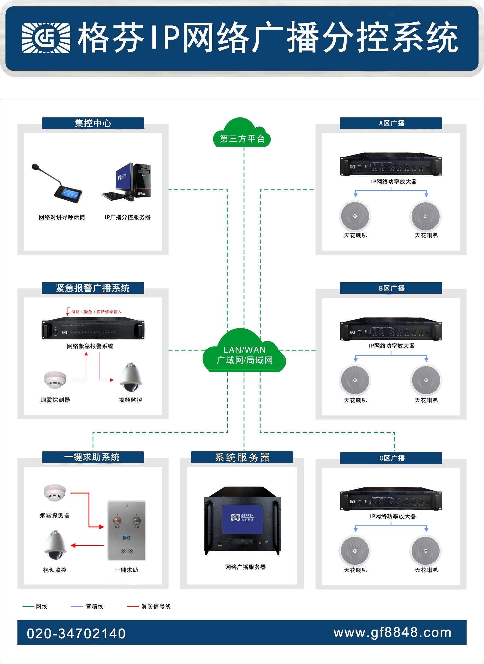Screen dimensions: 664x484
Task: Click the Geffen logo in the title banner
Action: (46, 38)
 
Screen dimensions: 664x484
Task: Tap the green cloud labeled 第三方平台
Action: (242, 135)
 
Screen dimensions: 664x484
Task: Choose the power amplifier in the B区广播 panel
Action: (391, 330)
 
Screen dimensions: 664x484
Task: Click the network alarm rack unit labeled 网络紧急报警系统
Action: (93, 329)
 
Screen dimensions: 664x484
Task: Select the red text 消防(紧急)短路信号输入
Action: (96, 312)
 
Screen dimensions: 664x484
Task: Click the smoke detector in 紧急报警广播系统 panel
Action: (55, 380)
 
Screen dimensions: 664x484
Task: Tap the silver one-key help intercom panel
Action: (127, 530)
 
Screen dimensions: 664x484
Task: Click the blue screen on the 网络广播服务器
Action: (242, 519)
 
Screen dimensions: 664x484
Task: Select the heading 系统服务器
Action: (242, 457)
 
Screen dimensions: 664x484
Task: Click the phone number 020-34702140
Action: (76, 633)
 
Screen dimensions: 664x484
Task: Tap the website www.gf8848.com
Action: (392, 632)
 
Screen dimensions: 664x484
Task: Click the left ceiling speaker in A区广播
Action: (355, 216)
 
